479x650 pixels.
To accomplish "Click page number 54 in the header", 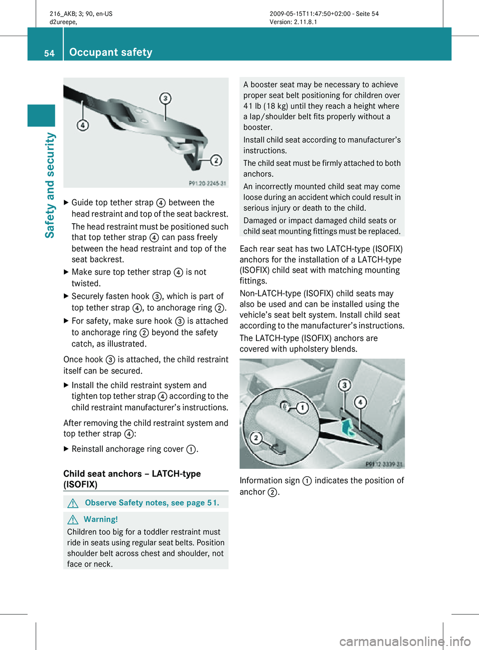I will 49,53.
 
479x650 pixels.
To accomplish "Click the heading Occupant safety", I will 111,52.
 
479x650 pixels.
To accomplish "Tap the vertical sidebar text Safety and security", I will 50,185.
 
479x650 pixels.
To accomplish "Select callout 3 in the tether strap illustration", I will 165,98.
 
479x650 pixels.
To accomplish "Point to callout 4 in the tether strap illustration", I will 83,125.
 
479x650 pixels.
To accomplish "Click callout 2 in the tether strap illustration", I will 216,160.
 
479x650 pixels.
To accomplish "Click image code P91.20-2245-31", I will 207,183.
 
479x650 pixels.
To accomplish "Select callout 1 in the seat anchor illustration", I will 302,408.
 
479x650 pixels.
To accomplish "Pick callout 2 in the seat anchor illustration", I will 256,438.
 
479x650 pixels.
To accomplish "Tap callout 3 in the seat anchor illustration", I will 344,385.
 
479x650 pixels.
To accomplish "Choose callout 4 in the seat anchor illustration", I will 360,402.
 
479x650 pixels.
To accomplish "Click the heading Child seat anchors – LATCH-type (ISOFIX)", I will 132,479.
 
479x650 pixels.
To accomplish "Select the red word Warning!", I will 101,519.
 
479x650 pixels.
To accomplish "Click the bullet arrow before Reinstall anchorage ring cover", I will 66,449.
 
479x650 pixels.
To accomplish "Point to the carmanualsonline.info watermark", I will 405,641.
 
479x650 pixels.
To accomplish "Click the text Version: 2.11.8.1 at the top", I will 293,22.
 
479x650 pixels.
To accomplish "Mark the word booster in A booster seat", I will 265,85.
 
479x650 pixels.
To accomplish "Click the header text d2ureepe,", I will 63,22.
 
